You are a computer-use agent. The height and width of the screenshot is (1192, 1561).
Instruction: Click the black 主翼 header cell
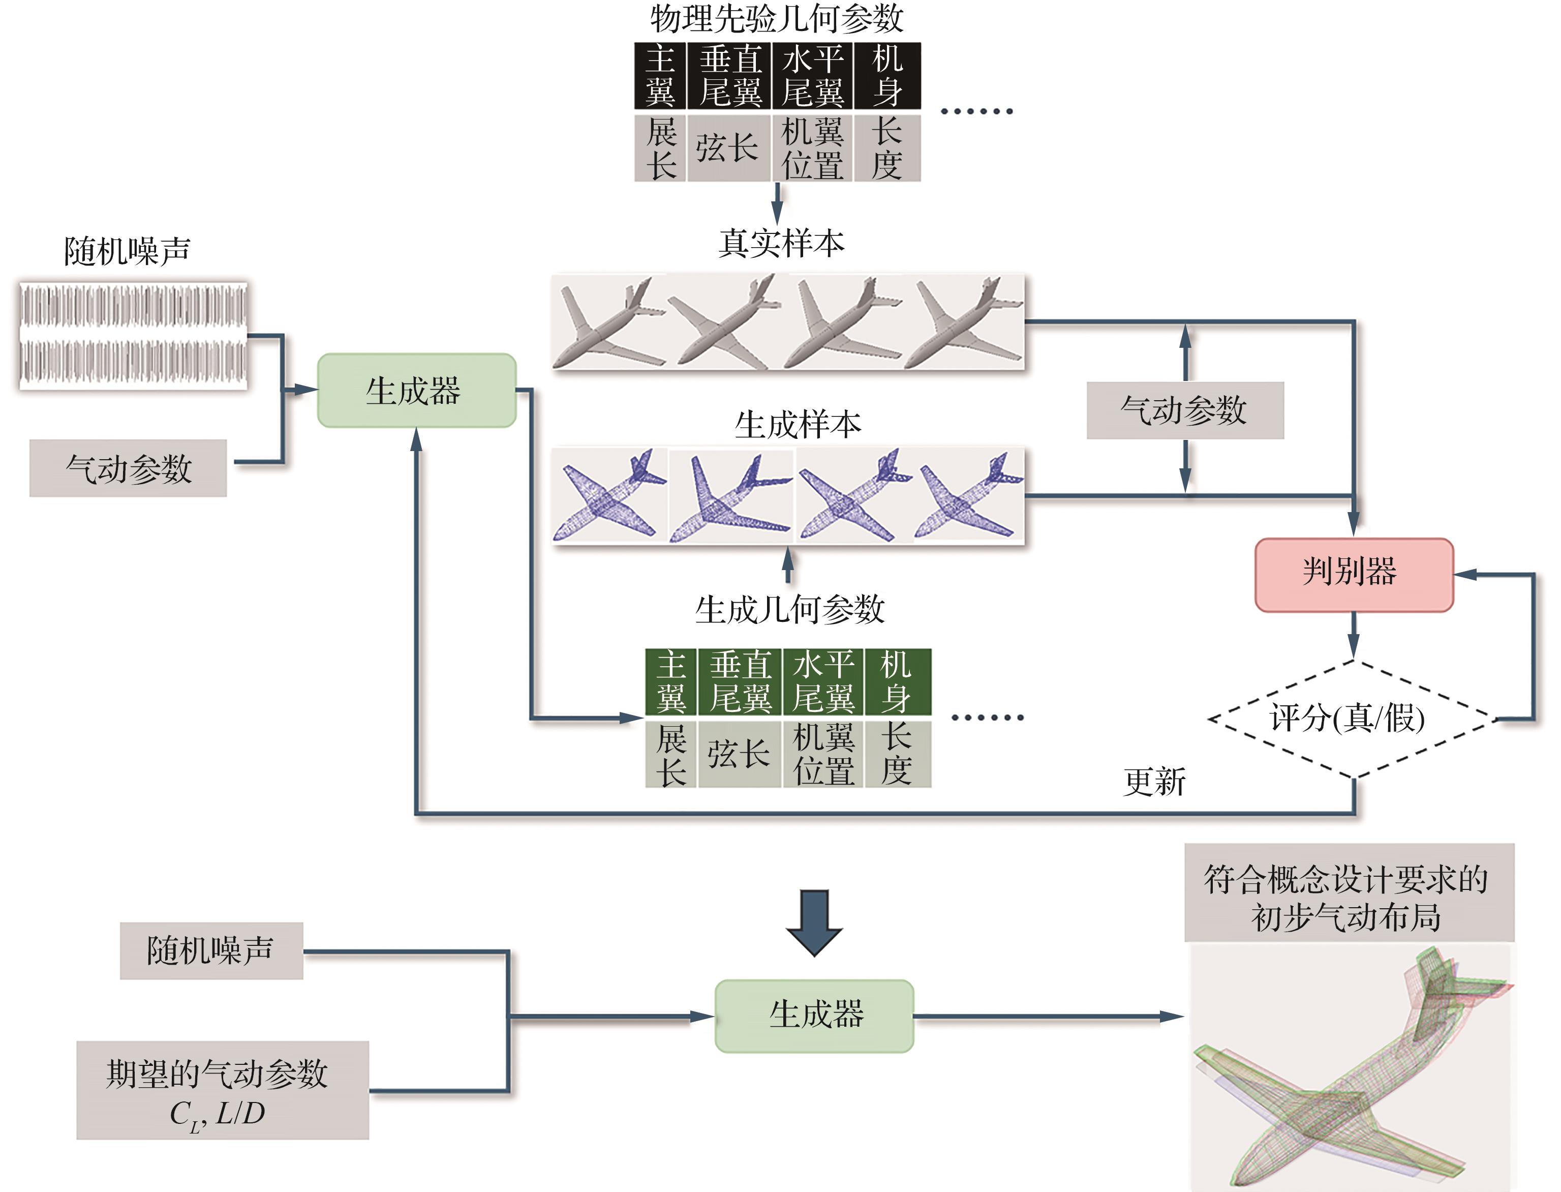click(x=660, y=75)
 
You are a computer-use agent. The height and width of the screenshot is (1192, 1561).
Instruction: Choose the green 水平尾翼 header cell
click(x=823, y=681)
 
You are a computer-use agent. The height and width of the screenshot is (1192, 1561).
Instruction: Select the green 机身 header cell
click(x=897, y=681)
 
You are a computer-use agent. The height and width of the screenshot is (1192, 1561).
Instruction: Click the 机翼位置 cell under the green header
click(x=823, y=754)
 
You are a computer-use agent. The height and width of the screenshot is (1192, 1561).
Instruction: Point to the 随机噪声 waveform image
click(x=133, y=336)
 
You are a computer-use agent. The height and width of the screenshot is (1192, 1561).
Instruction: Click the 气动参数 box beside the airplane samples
click(x=1184, y=410)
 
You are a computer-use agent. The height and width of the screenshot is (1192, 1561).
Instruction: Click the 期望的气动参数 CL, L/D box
click(x=222, y=1090)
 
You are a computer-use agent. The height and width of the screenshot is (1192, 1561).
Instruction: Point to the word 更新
click(x=1153, y=781)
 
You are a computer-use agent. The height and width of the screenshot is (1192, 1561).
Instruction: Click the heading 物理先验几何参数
click(x=777, y=18)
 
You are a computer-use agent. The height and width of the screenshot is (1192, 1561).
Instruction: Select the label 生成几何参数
click(x=789, y=609)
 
